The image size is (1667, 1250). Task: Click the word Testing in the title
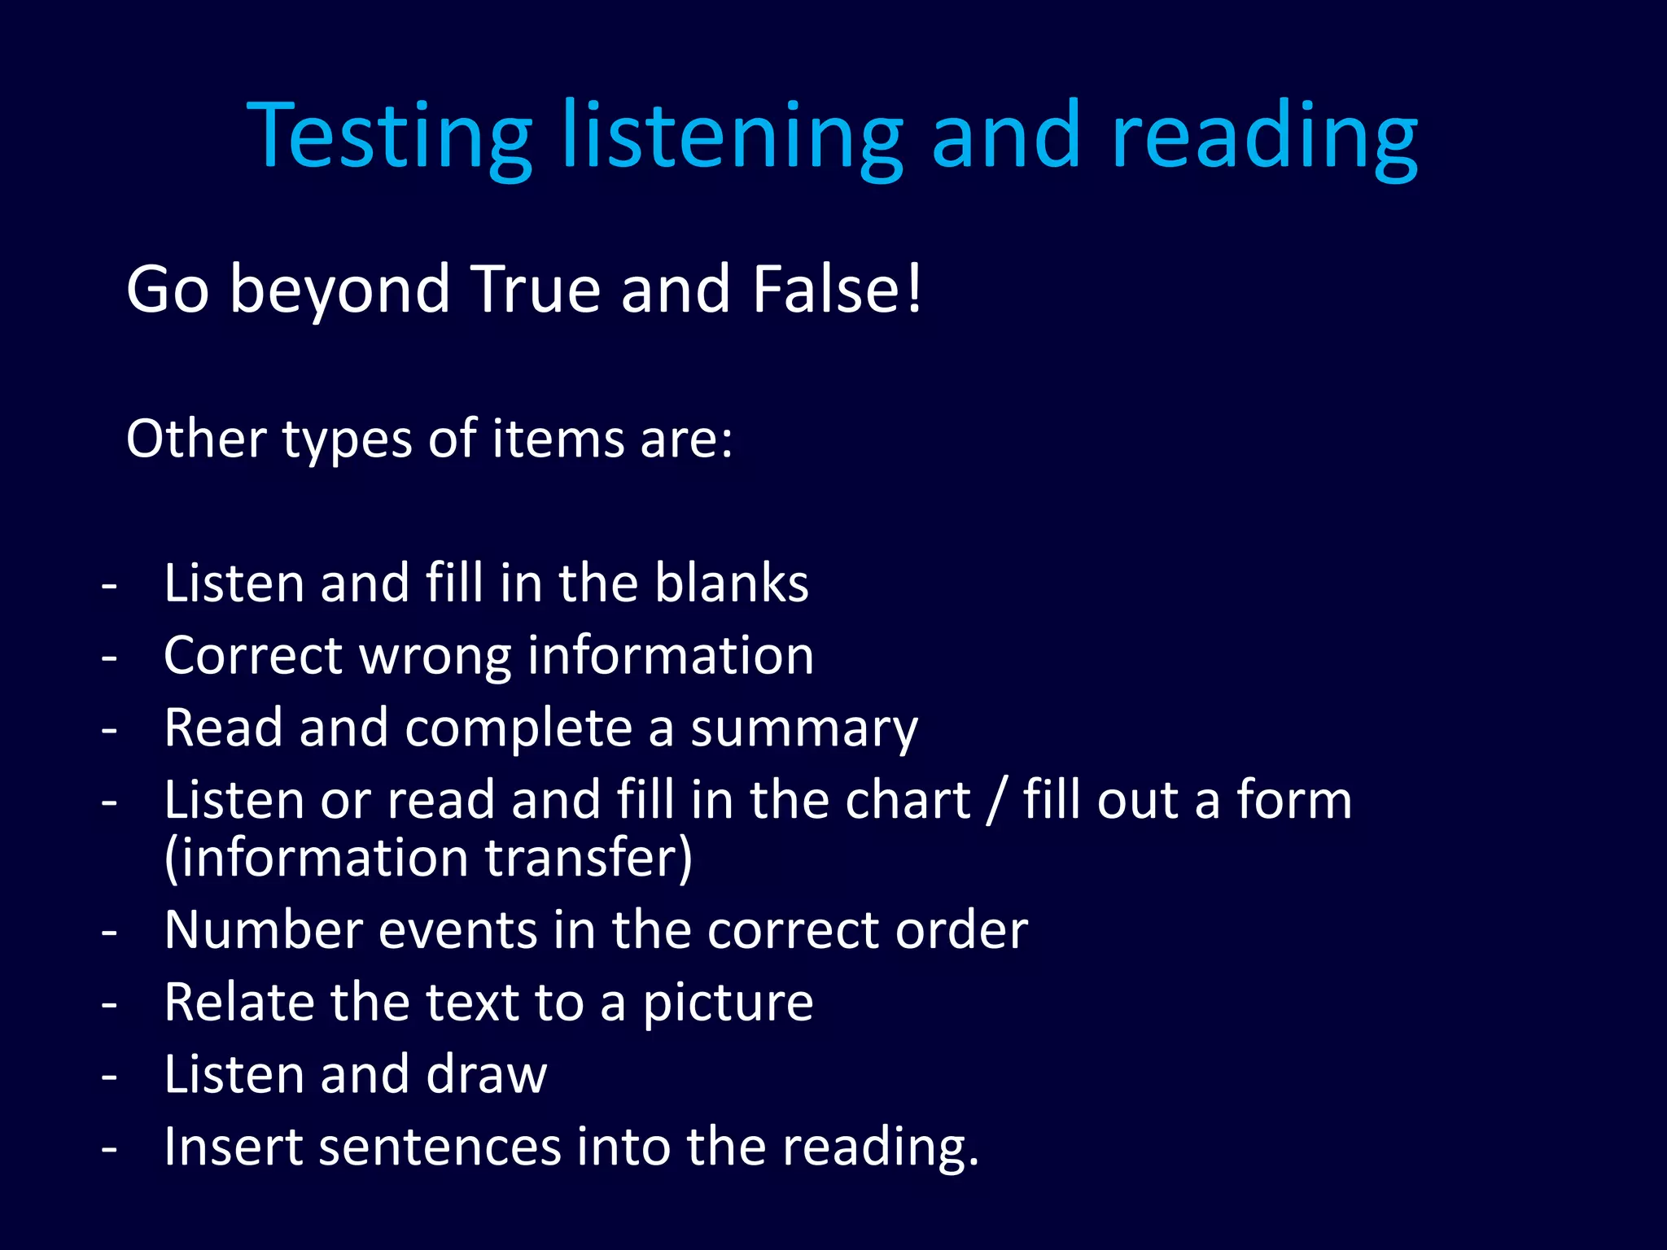389,137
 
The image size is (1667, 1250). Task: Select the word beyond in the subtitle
339,291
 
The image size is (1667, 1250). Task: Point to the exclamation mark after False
915,289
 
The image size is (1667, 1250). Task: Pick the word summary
804,729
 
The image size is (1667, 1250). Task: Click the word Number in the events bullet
263,930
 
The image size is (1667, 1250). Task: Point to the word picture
728,1003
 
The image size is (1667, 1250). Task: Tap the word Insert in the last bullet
232,1147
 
